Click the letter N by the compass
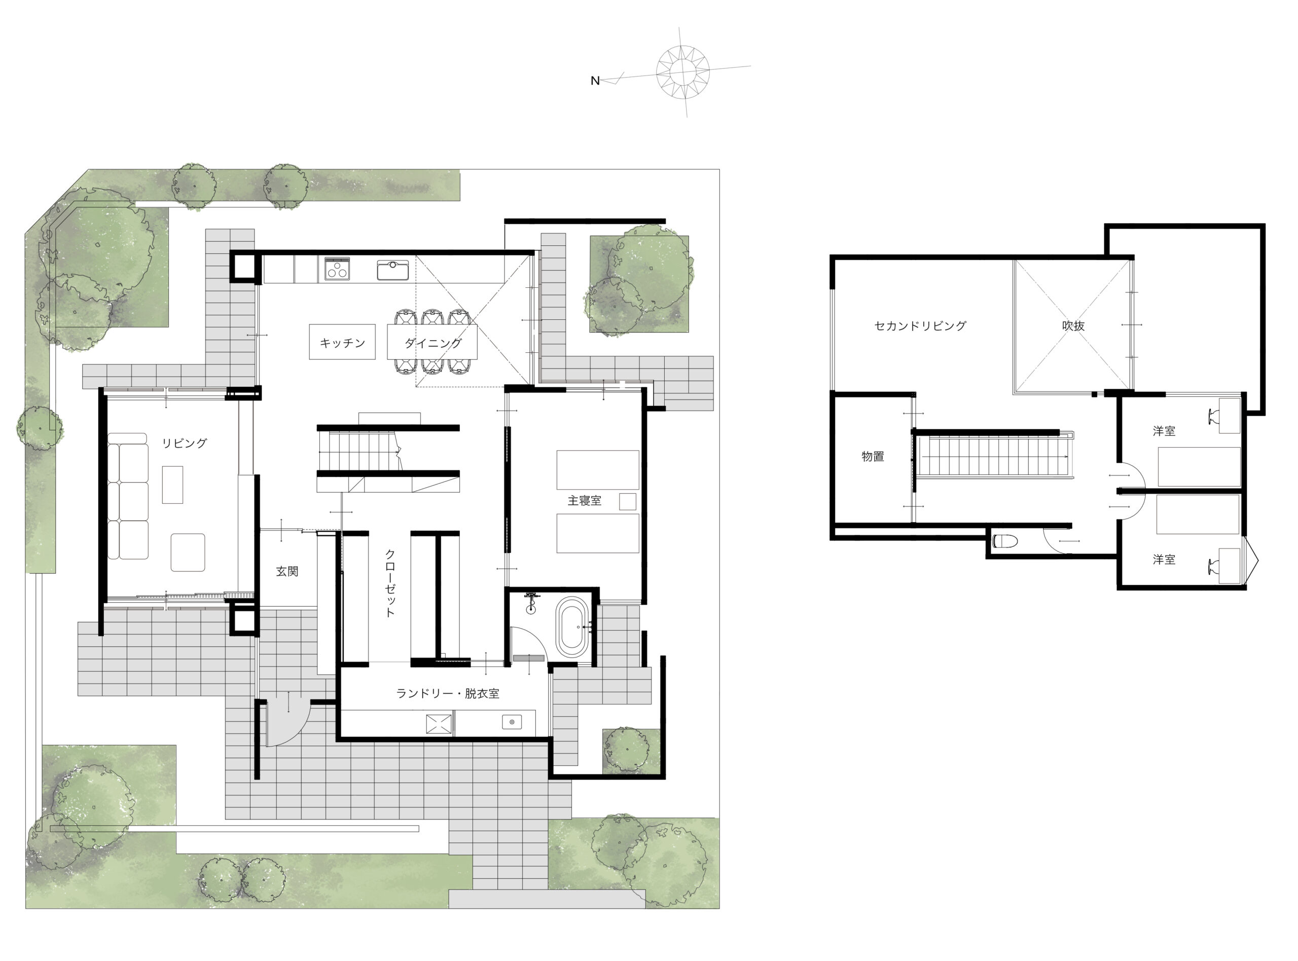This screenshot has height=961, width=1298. (595, 81)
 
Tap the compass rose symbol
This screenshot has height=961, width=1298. (682, 71)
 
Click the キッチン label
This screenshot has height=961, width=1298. (342, 343)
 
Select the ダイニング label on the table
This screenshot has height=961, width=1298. (433, 343)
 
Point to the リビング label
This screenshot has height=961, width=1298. (184, 443)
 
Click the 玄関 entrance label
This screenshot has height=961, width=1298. (287, 571)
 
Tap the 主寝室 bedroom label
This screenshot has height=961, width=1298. (584, 500)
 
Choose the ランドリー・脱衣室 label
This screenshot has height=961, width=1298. (447, 693)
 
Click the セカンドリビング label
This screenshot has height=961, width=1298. (920, 326)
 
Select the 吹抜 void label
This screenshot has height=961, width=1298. (1073, 326)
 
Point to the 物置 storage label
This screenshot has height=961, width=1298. (873, 457)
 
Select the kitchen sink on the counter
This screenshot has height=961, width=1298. (393, 270)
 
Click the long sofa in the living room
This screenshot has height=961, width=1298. (127, 496)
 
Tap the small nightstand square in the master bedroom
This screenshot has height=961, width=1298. (627, 502)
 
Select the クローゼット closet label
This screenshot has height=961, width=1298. (390, 582)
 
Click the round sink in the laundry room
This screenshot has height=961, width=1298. (512, 722)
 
